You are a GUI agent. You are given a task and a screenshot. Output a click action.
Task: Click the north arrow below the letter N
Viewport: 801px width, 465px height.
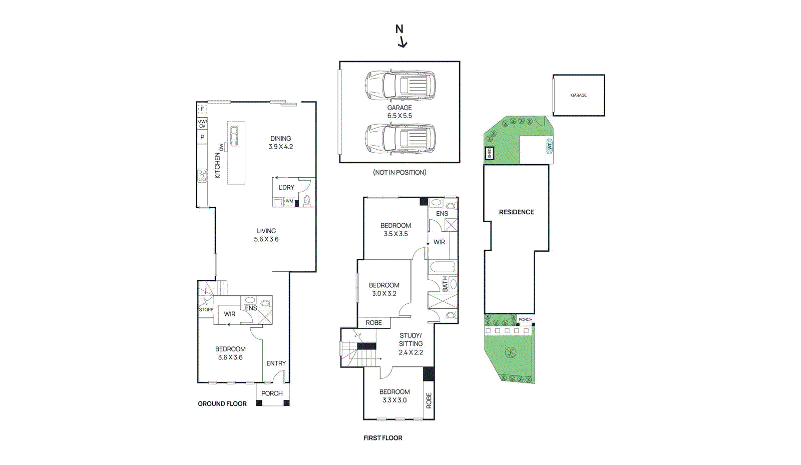coord(403,43)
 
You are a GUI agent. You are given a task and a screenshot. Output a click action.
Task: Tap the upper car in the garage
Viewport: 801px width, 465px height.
coord(399,85)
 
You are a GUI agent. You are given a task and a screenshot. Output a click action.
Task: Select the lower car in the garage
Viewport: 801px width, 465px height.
coord(399,139)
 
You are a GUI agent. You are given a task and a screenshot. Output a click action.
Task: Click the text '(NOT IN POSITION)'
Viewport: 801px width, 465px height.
coord(399,172)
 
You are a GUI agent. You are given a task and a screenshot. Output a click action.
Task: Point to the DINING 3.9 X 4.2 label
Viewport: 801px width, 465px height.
coord(280,143)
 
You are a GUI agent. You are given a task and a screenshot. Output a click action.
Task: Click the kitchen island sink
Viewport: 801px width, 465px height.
coord(234,136)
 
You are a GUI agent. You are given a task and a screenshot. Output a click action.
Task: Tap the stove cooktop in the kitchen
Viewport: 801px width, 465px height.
coord(202,176)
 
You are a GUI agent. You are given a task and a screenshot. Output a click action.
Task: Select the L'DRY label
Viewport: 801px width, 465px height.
coord(286,187)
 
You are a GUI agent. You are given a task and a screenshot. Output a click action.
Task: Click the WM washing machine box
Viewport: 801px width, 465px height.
coord(289,201)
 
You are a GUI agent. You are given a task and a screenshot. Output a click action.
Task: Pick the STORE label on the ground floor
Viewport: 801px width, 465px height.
coord(206,310)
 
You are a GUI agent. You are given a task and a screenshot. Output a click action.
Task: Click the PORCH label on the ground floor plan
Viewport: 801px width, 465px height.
coord(272,393)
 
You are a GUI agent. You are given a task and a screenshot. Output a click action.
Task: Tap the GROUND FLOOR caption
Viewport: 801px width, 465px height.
coord(222,404)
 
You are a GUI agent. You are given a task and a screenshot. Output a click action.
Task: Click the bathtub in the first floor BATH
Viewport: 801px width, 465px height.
coord(443,266)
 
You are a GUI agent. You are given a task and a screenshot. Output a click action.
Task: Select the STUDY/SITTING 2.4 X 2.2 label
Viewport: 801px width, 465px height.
coord(411,344)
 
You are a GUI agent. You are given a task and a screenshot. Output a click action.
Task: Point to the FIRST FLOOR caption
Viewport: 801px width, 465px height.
coord(383,438)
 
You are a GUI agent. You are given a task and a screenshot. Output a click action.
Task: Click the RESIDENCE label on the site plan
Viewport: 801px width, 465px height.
coord(516,212)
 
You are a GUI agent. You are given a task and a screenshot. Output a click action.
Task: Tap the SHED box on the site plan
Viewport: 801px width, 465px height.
coord(490,153)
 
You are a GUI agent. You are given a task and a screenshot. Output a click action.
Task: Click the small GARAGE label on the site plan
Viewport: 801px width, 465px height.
coord(579,95)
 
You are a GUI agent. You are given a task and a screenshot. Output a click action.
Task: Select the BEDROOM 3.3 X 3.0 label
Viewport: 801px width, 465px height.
coord(394,396)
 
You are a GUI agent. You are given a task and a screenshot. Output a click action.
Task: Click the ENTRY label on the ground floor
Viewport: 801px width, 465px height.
coord(276,363)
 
